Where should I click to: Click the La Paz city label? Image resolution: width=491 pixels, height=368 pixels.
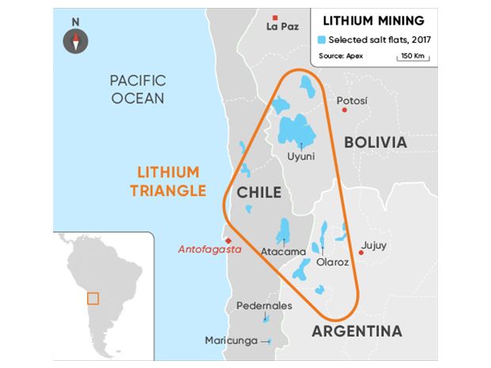tap(283, 27)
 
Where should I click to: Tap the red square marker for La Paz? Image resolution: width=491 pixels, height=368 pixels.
tap(275, 17)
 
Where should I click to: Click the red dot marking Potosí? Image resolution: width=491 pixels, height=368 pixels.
tap(344, 110)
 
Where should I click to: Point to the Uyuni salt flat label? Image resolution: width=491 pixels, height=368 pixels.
tap(301, 156)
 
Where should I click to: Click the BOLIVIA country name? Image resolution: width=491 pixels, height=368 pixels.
tap(375, 142)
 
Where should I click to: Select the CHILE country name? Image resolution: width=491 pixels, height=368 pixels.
tap(255, 192)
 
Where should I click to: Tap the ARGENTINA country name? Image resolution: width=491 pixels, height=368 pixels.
tap(356, 331)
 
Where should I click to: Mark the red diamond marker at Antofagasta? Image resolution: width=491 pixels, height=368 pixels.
tap(228, 241)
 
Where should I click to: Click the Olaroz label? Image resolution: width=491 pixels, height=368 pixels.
tap(332, 262)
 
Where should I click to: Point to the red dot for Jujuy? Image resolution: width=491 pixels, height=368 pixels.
tap(361, 253)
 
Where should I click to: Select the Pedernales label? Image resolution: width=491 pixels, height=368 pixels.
tap(264, 305)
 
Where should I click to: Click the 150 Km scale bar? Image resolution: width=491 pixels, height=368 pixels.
tap(414, 55)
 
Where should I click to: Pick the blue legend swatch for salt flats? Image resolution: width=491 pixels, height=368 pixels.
tap(322, 40)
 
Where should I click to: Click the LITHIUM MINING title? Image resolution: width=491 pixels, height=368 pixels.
tap(367, 21)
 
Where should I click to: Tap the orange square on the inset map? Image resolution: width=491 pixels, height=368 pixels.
tap(93, 298)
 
